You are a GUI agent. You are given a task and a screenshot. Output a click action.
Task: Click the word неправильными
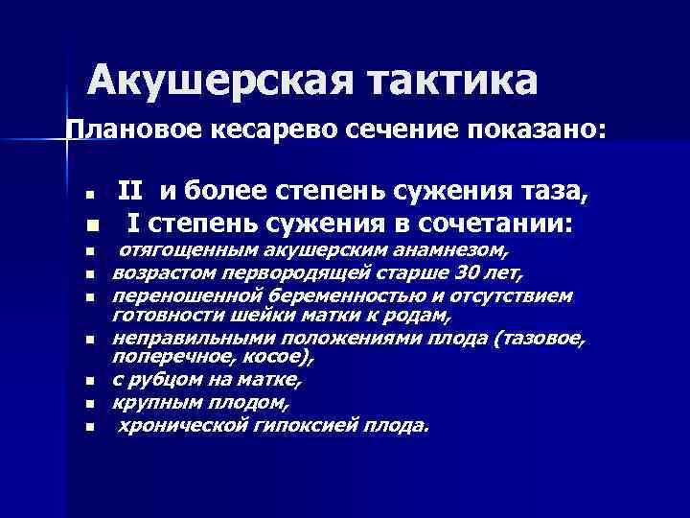tap(181, 339)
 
